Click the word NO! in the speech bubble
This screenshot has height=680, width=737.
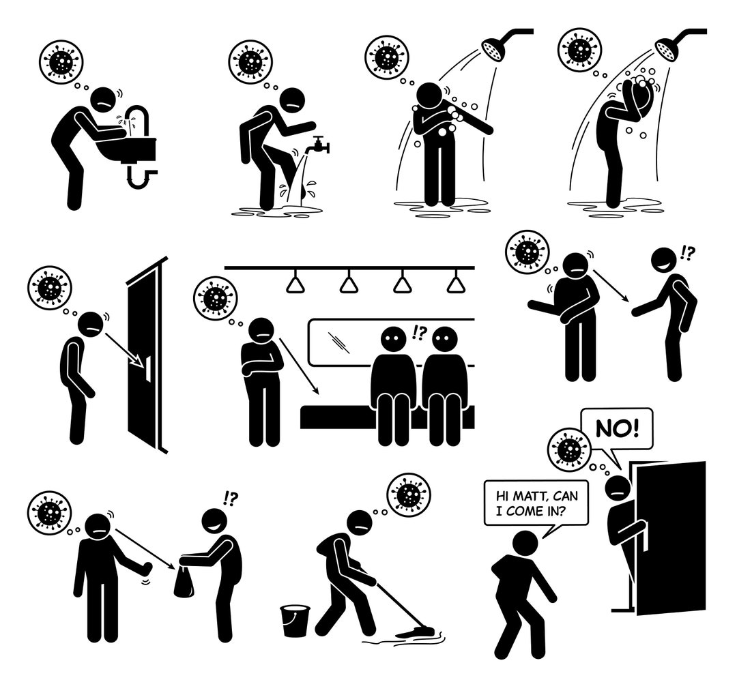[617, 429]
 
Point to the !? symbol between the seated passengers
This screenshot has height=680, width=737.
[418, 334]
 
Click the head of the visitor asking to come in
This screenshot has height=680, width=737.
[525, 544]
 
